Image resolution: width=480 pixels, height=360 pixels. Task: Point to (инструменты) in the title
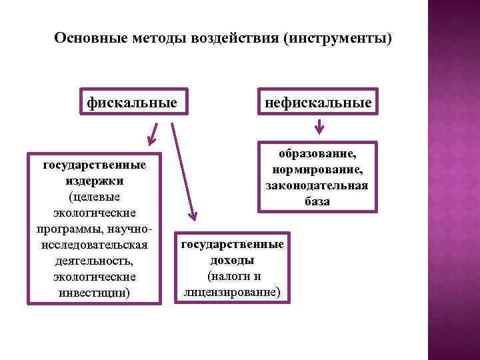click(x=338, y=38)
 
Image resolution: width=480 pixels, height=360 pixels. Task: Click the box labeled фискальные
click(x=132, y=103)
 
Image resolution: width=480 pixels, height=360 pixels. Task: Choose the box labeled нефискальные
click(x=319, y=103)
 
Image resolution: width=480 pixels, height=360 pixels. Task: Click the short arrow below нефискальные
click(x=319, y=125)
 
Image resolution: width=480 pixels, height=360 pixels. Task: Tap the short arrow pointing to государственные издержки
click(x=154, y=133)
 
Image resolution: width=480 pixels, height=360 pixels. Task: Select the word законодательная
click(x=319, y=185)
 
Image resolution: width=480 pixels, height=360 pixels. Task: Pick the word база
click(x=319, y=201)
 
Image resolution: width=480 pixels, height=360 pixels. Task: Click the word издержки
click(x=94, y=180)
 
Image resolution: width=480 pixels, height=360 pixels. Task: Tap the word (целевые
click(x=94, y=196)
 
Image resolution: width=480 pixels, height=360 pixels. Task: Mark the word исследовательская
click(x=94, y=245)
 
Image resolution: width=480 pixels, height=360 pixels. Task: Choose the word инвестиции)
click(x=94, y=293)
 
